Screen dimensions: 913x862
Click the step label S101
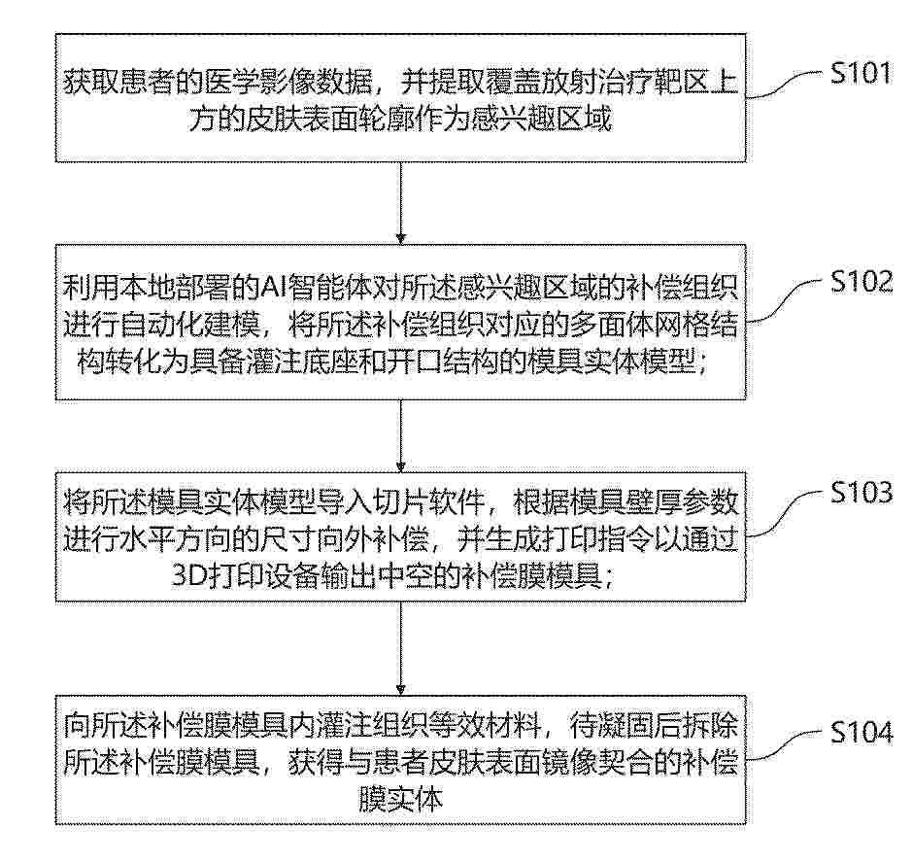(862, 73)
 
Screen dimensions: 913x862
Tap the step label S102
(862, 281)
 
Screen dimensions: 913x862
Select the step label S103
(862, 492)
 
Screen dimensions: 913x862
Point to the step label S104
(862, 732)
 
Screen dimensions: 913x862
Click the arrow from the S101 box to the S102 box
(400, 203)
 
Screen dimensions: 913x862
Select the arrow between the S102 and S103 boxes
(400, 435)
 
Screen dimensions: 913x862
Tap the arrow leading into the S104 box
(400, 647)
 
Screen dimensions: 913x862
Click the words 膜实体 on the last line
(400, 800)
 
